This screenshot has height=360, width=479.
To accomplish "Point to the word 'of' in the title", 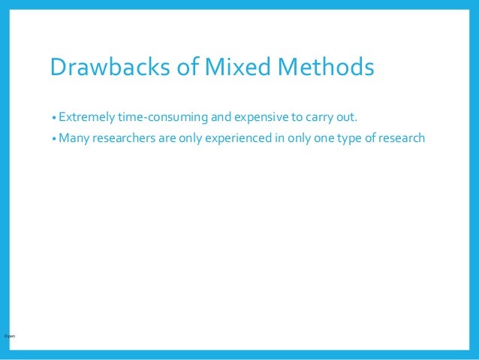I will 188,68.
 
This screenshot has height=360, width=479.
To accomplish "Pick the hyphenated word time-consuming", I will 164,118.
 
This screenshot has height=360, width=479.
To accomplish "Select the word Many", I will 73,138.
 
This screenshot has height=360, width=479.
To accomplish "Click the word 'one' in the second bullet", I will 338,138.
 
